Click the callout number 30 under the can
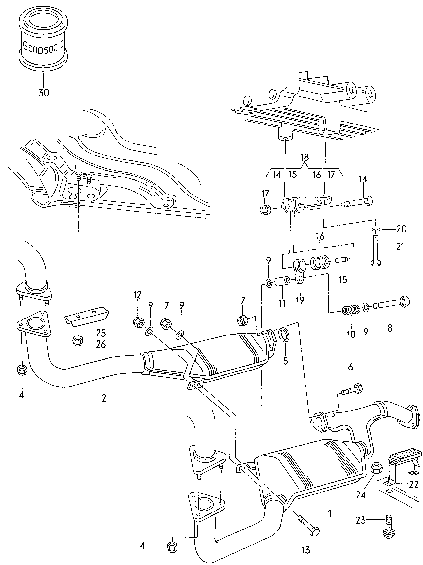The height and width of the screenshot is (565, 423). pyautogui.click(x=43, y=92)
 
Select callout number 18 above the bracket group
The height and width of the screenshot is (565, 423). pyautogui.click(x=305, y=157)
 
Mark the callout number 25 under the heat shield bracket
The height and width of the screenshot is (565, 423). pyautogui.click(x=101, y=333)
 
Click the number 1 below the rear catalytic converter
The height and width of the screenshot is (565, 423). pyautogui.click(x=330, y=513)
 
